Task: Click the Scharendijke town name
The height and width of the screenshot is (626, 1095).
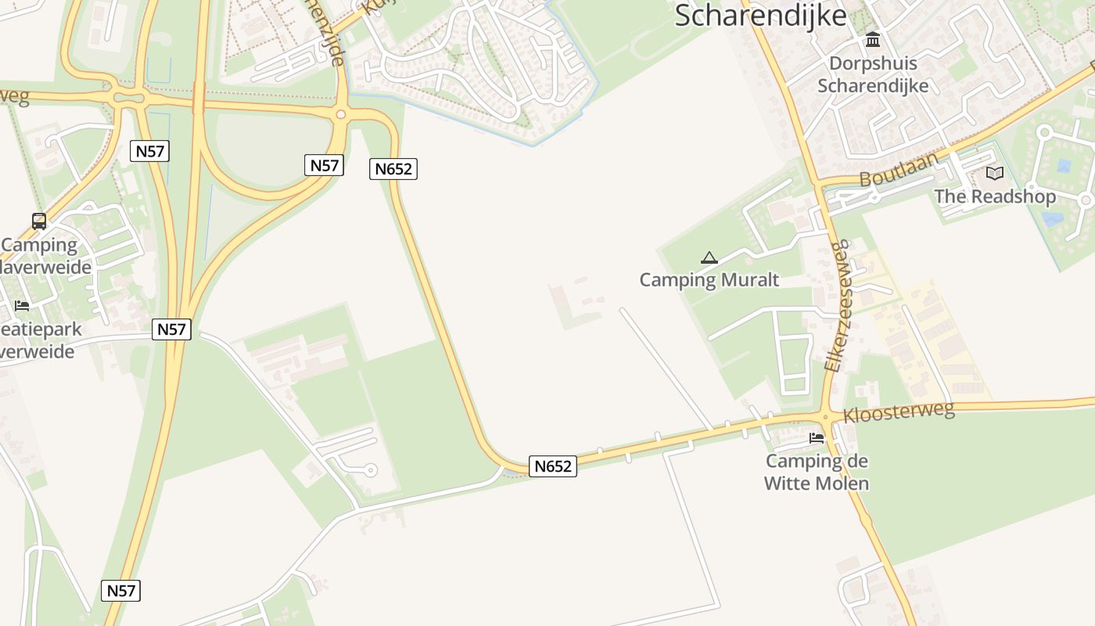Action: click(x=760, y=15)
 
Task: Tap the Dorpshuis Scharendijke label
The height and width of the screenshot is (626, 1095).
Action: click(x=873, y=74)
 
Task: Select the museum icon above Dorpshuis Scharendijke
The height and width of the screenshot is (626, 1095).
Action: click(x=873, y=39)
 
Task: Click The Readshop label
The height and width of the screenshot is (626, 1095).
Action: click(x=995, y=196)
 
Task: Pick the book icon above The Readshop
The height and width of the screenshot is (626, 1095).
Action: click(x=995, y=173)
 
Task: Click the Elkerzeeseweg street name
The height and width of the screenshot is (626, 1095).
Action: click(x=836, y=305)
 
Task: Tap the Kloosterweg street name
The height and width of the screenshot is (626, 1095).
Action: click(x=899, y=412)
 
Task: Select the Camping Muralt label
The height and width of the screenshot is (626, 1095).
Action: click(x=709, y=279)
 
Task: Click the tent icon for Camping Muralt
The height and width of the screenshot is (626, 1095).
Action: click(x=709, y=257)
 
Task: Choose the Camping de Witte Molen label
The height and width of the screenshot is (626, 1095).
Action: click(x=816, y=472)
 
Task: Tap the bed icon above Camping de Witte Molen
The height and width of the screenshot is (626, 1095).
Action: click(x=817, y=437)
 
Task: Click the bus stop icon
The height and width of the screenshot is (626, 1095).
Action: click(x=39, y=221)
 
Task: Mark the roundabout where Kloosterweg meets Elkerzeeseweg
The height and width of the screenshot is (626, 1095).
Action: click(x=826, y=416)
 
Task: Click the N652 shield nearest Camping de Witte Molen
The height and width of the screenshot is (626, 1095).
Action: click(x=553, y=466)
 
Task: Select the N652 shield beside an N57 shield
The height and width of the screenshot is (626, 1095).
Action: click(x=393, y=168)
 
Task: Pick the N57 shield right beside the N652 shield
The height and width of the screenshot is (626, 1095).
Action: click(x=324, y=165)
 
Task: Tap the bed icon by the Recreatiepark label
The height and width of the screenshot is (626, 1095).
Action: click(x=22, y=305)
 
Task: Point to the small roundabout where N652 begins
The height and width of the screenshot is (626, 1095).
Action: click(x=340, y=114)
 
